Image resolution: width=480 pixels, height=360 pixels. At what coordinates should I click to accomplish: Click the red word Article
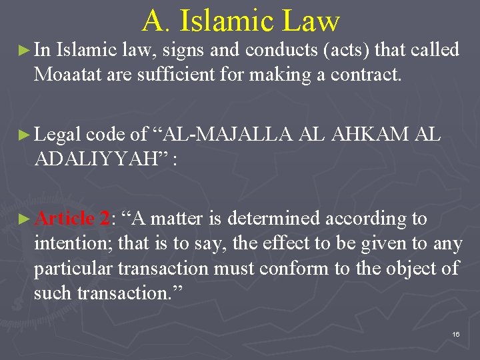(64, 219)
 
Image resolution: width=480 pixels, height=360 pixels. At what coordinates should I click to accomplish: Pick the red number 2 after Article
(105, 219)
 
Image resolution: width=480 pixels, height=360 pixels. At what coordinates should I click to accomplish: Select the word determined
(273, 219)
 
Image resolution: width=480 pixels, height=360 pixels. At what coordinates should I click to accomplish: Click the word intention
(73, 243)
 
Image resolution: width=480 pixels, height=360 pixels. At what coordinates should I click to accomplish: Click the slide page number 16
(456, 334)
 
